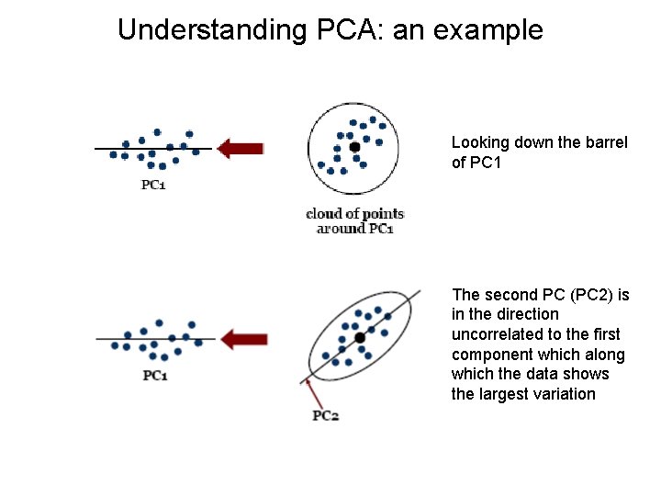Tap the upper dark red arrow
click(241, 148)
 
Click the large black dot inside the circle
click(354, 147)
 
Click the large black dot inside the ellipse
click(360, 338)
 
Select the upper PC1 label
click(153, 185)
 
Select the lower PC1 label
click(155, 375)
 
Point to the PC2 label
click(326, 415)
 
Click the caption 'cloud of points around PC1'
click(354, 220)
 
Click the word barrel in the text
click(606, 142)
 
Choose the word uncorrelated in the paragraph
click(497, 334)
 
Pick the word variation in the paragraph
click(562, 394)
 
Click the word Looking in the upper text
click(479, 142)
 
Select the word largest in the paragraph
click(504, 394)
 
